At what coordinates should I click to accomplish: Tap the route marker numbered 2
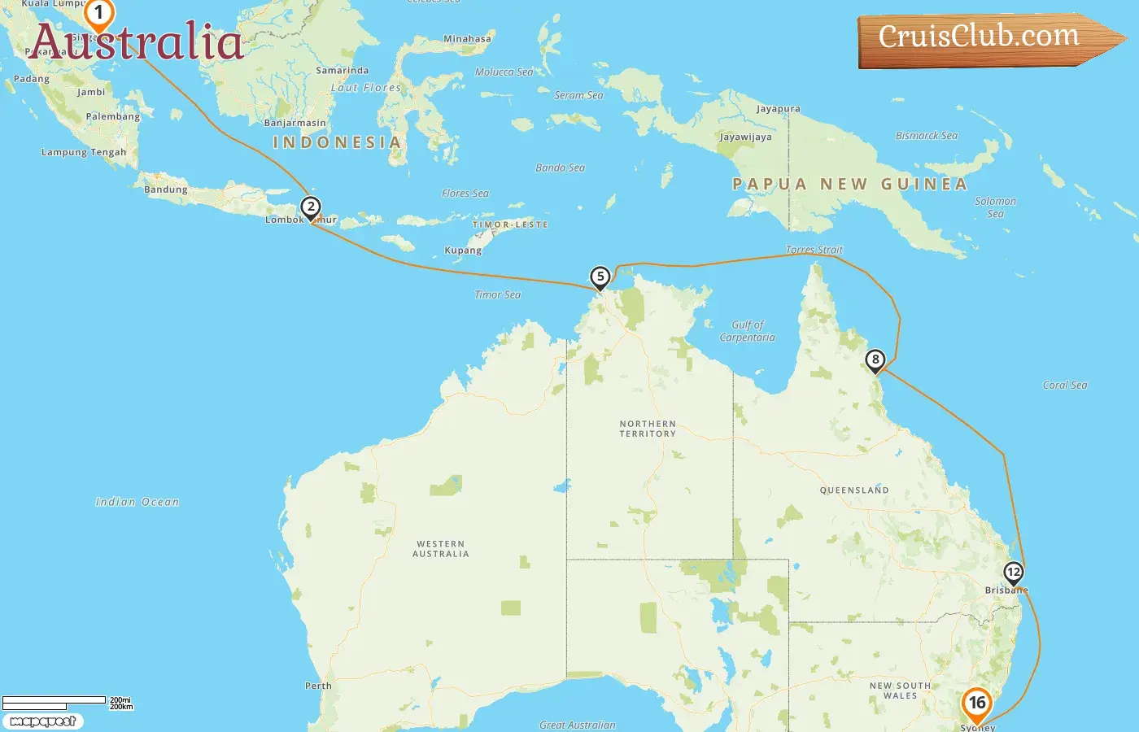310,207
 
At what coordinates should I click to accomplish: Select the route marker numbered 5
600,277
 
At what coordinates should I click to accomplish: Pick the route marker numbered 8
875,359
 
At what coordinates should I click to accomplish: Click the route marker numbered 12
1013,573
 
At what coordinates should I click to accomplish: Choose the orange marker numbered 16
976,703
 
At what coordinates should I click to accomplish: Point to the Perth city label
318,686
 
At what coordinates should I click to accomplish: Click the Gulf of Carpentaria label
748,331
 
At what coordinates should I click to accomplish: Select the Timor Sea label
497,294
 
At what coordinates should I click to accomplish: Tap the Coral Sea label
1064,385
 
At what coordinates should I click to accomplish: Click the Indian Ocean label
137,502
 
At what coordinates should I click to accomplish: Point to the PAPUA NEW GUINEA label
849,185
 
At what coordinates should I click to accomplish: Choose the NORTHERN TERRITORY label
648,429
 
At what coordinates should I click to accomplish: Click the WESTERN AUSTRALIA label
440,549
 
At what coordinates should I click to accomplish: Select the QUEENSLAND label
854,490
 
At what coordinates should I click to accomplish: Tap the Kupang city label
463,251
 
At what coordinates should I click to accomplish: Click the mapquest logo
43,721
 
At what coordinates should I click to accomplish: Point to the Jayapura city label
778,109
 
